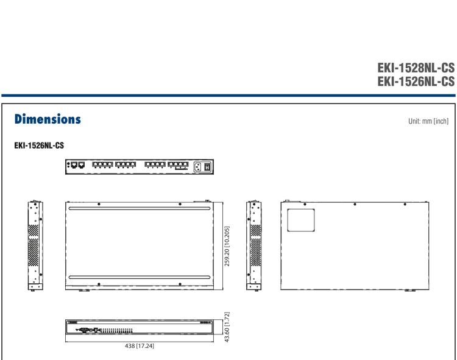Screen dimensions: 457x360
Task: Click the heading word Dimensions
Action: click(x=48, y=119)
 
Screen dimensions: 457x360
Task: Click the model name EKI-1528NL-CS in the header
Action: click(x=416, y=68)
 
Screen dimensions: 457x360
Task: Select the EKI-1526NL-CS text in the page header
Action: click(x=416, y=81)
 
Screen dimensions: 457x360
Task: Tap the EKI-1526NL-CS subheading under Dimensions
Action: click(x=39, y=146)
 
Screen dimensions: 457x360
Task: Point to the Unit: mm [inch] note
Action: click(x=428, y=121)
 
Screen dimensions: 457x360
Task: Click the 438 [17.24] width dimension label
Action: click(x=140, y=346)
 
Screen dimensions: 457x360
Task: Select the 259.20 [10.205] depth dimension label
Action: click(x=227, y=246)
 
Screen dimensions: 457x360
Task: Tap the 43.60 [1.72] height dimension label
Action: click(x=227, y=326)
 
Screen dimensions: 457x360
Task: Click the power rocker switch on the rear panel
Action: click(x=207, y=167)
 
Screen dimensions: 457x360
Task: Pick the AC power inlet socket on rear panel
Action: click(x=197, y=167)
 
